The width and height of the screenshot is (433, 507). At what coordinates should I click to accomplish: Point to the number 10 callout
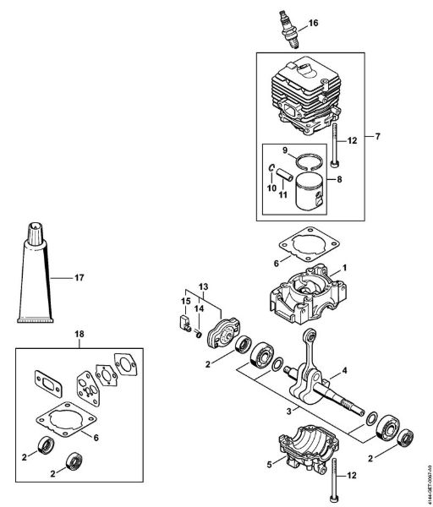coord(271,187)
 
